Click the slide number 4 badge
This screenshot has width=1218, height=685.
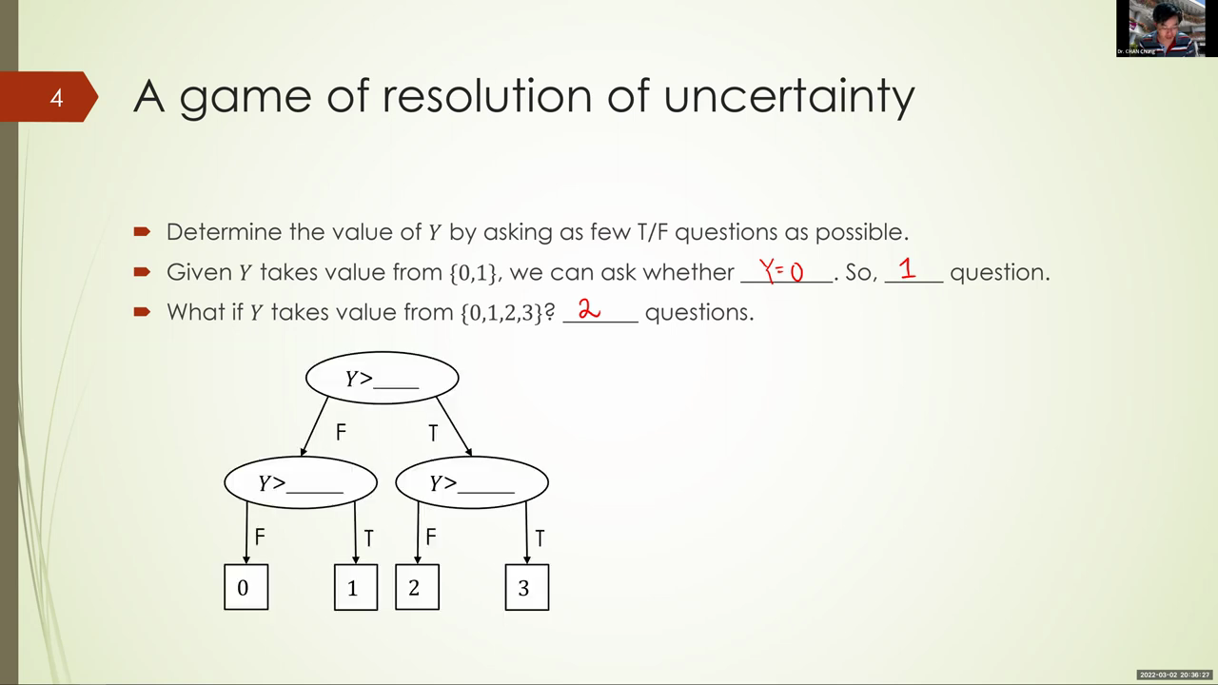coord(49,97)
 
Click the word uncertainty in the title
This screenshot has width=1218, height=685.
coord(789,97)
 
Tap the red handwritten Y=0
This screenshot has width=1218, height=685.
coord(781,270)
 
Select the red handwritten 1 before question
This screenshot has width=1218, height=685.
coord(907,268)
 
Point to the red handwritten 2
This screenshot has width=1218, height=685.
coord(589,309)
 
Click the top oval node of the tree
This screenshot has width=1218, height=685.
coord(383,378)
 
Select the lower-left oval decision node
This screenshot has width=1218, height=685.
coord(301,482)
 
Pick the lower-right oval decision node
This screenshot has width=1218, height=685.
coord(472,482)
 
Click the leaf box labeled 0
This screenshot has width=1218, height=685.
coord(246,587)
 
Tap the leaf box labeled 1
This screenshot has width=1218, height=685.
coord(356,587)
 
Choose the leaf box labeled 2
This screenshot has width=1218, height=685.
coord(417,587)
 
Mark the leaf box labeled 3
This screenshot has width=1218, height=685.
coord(527,587)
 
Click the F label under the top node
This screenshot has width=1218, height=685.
coord(341,432)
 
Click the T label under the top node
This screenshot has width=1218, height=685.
coord(433,433)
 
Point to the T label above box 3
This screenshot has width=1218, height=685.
coord(540,538)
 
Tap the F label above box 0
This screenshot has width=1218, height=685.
coord(260,538)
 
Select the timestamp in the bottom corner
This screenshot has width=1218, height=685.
coord(1174,675)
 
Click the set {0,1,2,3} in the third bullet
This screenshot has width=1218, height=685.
coord(501,313)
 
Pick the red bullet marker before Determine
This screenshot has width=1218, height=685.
coord(142,231)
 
